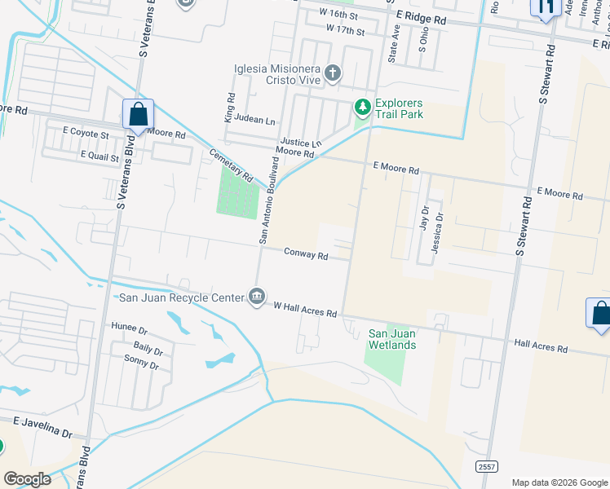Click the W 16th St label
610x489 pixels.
click(x=341, y=14)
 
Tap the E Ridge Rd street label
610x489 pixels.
click(x=422, y=19)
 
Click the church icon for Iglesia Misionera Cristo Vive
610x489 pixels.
click(x=332, y=74)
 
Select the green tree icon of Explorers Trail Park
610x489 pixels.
click(x=362, y=107)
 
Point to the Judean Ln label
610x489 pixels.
click(x=254, y=118)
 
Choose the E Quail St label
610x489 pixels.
click(x=99, y=155)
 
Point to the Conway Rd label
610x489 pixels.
click(x=306, y=255)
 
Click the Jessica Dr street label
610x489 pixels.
click(x=438, y=234)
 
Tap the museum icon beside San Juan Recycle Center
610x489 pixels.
click(x=257, y=295)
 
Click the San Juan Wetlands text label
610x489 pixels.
click(x=393, y=339)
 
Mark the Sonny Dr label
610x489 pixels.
click(x=140, y=365)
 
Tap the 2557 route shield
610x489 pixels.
click(x=487, y=464)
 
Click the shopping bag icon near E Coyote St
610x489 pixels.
click(x=138, y=114)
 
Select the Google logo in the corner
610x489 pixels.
click(x=26, y=478)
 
